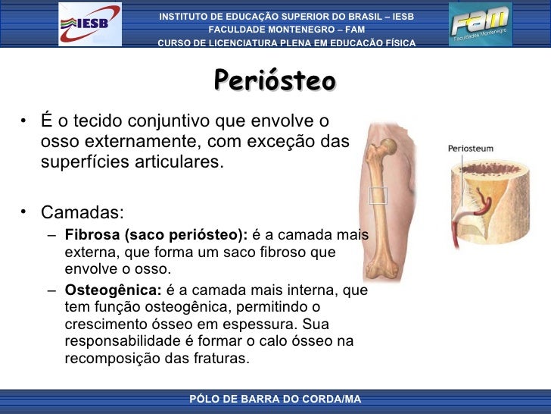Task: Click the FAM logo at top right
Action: (480, 24)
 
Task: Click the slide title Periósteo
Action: (275, 80)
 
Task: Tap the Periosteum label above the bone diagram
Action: (470, 149)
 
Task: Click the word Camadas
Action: (82, 212)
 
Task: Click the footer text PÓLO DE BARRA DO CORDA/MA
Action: (275, 399)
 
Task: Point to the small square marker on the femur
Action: (378, 195)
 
